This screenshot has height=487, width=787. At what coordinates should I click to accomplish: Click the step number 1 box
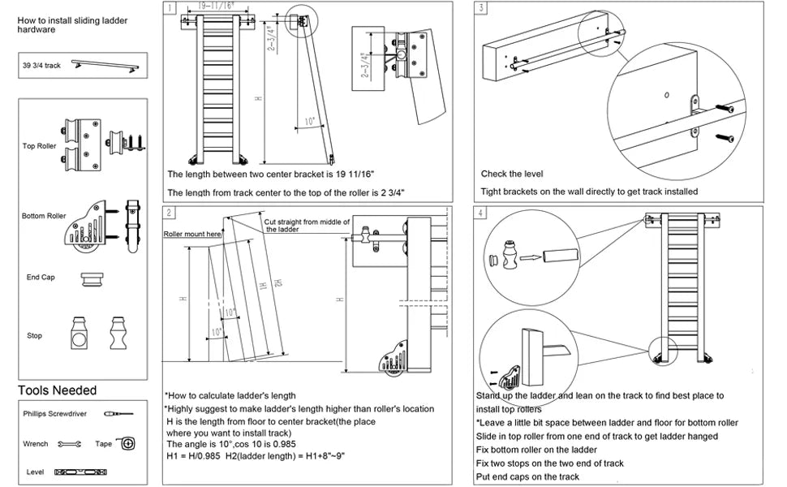click(170, 9)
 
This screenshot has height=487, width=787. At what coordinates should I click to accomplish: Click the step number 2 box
click(170, 213)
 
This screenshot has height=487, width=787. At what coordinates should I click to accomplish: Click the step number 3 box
click(482, 9)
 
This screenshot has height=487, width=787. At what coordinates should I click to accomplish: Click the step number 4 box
click(482, 213)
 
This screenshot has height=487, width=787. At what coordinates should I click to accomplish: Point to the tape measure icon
click(127, 443)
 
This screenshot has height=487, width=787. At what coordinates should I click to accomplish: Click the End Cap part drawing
click(91, 279)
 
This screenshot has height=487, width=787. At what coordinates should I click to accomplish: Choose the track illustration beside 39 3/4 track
click(105, 65)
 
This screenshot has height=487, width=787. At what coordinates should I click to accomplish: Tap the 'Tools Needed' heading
click(57, 390)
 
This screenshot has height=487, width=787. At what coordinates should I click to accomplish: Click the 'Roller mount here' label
click(192, 234)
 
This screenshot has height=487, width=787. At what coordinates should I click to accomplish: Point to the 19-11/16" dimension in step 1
click(216, 5)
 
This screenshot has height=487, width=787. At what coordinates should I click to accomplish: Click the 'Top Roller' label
click(40, 146)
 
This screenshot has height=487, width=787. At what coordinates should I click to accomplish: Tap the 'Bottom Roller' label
click(44, 216)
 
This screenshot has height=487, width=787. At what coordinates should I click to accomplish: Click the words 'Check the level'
click(512, 174)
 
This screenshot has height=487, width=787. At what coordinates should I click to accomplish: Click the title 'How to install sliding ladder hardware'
click(73, 24)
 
